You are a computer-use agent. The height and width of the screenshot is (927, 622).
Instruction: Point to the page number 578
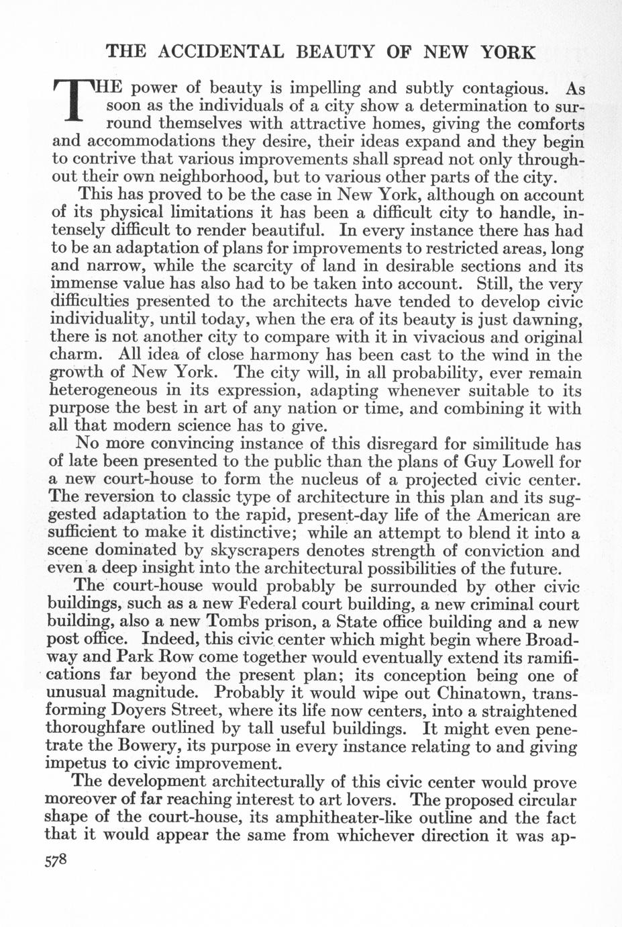(62, 862)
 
